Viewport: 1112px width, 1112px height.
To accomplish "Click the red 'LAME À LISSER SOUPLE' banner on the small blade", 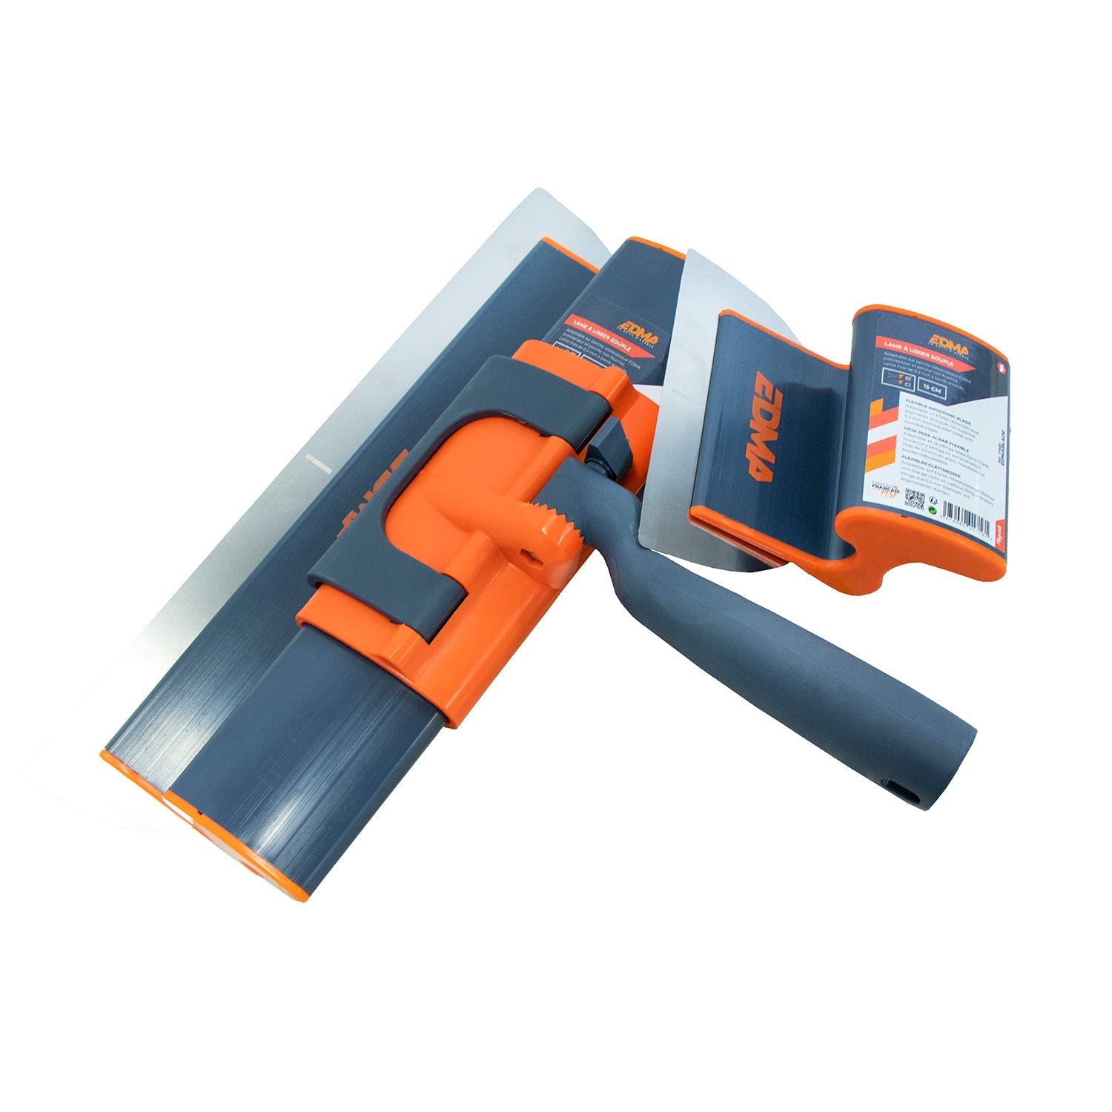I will pyautogui.click(x=919, y=343).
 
